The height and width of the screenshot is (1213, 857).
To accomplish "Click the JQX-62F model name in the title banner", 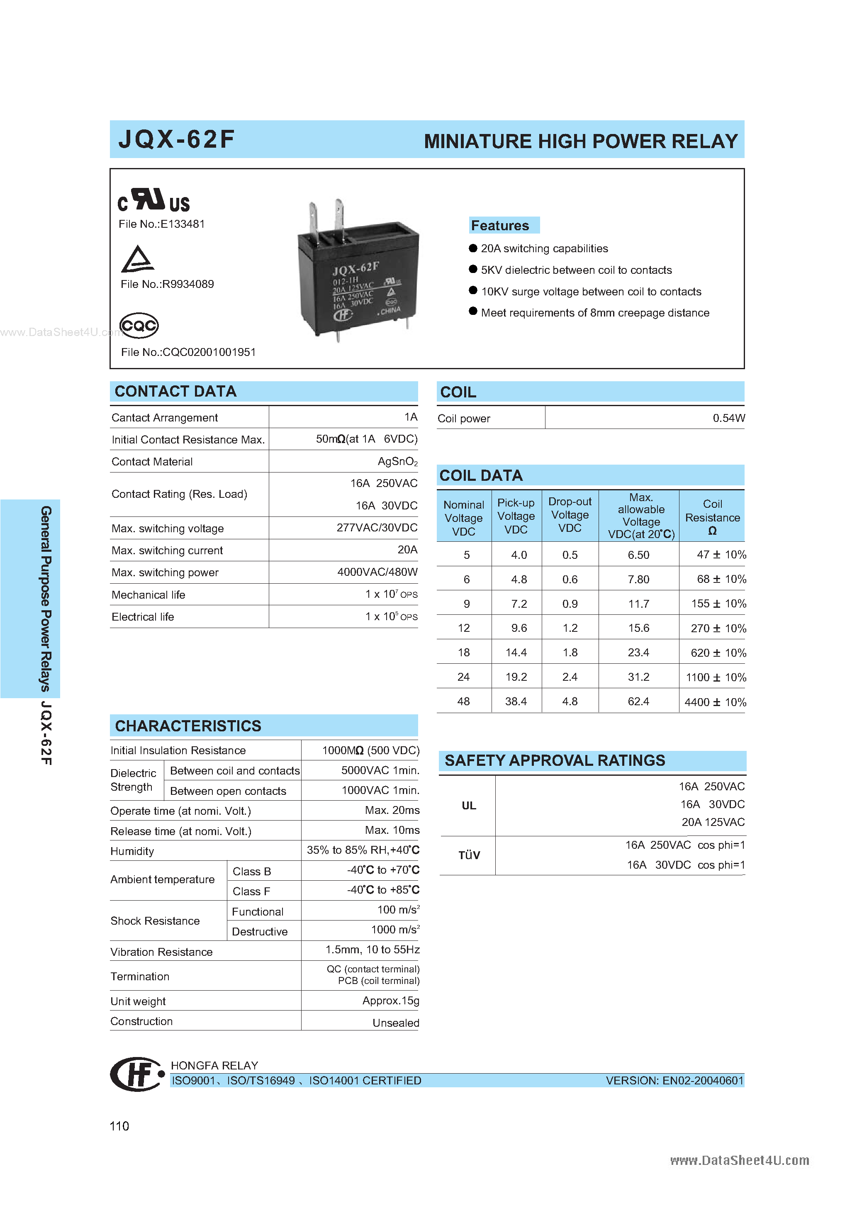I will pyautogui.click(x=176, y=139).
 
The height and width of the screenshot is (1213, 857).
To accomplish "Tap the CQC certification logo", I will pyautogui.click(x=139, y=325).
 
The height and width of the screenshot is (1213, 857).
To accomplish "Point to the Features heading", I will pyautogui.click(x=500, y=226).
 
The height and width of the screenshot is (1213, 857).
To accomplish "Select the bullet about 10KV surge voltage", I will pyautogui.click(x=591, y=292).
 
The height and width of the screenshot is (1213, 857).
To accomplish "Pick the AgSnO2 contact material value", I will pyautogui.click(x=397, y=462).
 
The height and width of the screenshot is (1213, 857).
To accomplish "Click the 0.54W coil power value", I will pyautogui.click(x=728, y=419).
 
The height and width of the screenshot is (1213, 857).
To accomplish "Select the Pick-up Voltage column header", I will pyautogui.click(x=516, y=516).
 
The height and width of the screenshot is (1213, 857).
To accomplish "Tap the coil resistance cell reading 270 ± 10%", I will pyautogui.click(x=718, y=628).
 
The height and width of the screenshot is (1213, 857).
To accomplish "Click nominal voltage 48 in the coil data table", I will pyautogui.click(x=463, y=701).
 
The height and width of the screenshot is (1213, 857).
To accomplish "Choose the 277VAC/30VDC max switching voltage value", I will pyautogui.click(x=377, y=528).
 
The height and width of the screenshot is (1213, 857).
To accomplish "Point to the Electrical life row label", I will pyautogui.click(x=143, y=617).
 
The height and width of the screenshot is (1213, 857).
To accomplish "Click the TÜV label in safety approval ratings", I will pyautogui.click(x=469, y=855).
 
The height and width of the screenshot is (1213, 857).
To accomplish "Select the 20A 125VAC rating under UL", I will pyautogui.click(x=713, y=822).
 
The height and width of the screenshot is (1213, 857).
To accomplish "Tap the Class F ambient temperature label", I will pyautogui.click(x=251, y=891).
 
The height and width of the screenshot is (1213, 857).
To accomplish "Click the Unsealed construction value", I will pyautogui.click(x=395, y=1023).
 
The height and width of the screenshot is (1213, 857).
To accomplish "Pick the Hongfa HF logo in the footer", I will pyautogui.click(x=136, y=1074).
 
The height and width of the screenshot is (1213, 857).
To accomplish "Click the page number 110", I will pyautogui.click(x=119, y=1126).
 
